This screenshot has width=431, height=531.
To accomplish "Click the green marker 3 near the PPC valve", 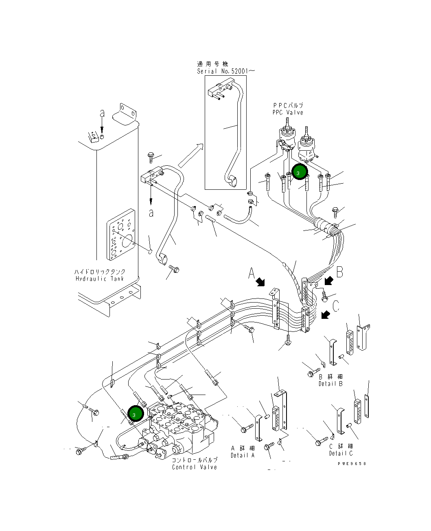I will point(298,173).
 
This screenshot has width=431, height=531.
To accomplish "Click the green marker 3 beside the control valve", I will point(134,414).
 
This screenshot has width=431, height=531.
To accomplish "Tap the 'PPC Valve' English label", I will point(288,112).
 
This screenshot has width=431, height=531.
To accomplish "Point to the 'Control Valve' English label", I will point(195,467).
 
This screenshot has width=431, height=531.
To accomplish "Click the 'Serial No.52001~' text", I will point(226,71).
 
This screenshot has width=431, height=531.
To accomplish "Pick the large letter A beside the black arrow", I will point(252,273).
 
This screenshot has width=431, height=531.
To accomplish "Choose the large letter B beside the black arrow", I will point(340,272).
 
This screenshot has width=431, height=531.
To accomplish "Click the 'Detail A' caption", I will point(243,455).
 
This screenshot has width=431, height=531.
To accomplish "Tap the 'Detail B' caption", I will point(330,384).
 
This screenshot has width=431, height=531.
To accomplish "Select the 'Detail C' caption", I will point(341,453).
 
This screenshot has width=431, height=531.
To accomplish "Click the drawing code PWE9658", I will point(352,463).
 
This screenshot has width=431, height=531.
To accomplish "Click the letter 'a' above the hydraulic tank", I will point(102,114).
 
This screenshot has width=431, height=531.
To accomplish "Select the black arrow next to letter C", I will point(326,314).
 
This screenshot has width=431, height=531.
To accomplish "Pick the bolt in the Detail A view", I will point(246,428).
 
